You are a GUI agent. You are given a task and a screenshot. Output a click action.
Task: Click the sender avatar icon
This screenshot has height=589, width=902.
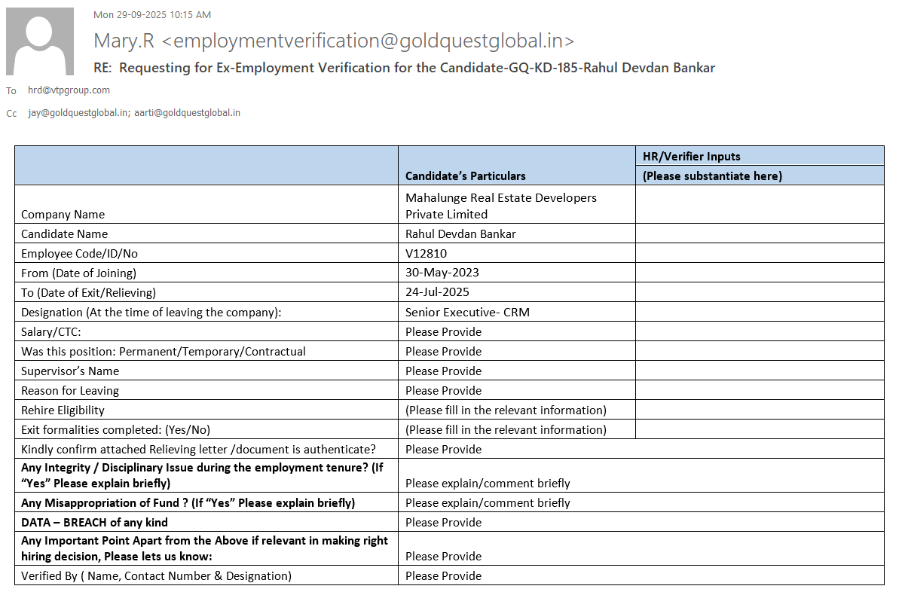pyautogui.click(x=40, y=41)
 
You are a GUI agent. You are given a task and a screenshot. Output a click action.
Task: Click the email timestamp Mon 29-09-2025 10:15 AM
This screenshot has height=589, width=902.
pyautogui.click(x=151, y=14)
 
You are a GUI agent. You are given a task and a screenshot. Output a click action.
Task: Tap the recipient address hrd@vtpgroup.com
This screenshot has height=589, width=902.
pyautogui.click(x=69, y=90)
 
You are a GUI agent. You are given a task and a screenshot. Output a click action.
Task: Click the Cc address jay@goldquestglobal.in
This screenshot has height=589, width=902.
pyautogui.click(x=77, y=113)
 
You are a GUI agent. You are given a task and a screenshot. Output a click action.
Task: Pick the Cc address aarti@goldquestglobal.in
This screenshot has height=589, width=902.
pyautogui.click(x=188, y=113)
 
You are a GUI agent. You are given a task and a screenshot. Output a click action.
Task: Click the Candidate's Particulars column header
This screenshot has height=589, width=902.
pyautogui.click(x=465, y=175)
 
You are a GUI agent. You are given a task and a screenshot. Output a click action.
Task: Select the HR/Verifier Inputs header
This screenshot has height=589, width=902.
pyautogui.click(x=691, y=157)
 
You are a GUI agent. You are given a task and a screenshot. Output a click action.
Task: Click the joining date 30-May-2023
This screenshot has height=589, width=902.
pyautogui.click(x=442, y=273)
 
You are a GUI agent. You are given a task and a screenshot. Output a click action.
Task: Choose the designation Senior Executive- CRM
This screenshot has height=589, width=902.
pyautogui.click(x=467, y=312)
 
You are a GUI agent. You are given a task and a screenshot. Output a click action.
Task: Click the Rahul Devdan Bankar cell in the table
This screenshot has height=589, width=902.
pyautogui.click(x=460, y=233)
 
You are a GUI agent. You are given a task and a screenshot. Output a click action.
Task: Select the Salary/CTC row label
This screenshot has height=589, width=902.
pyautogui.click(x=50, y=331)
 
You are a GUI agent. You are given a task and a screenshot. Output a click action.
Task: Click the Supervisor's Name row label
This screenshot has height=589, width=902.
pyautogui.click(x=70, y=371)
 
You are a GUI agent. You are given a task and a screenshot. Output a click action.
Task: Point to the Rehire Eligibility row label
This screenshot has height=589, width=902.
pyautogui.click(x=63, y=410)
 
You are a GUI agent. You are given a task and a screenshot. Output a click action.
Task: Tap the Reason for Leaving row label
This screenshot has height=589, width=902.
pyautogui.click(x=70, y=390)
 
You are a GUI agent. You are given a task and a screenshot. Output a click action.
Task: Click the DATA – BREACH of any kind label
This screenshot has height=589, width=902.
pyautogui.click(x=94, y=522)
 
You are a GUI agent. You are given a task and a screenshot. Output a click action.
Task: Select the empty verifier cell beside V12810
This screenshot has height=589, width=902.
pyautogui.click(x=760, y=254)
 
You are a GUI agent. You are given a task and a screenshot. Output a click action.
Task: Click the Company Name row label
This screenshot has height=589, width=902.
pyautogui.click(x=63, y=214)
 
